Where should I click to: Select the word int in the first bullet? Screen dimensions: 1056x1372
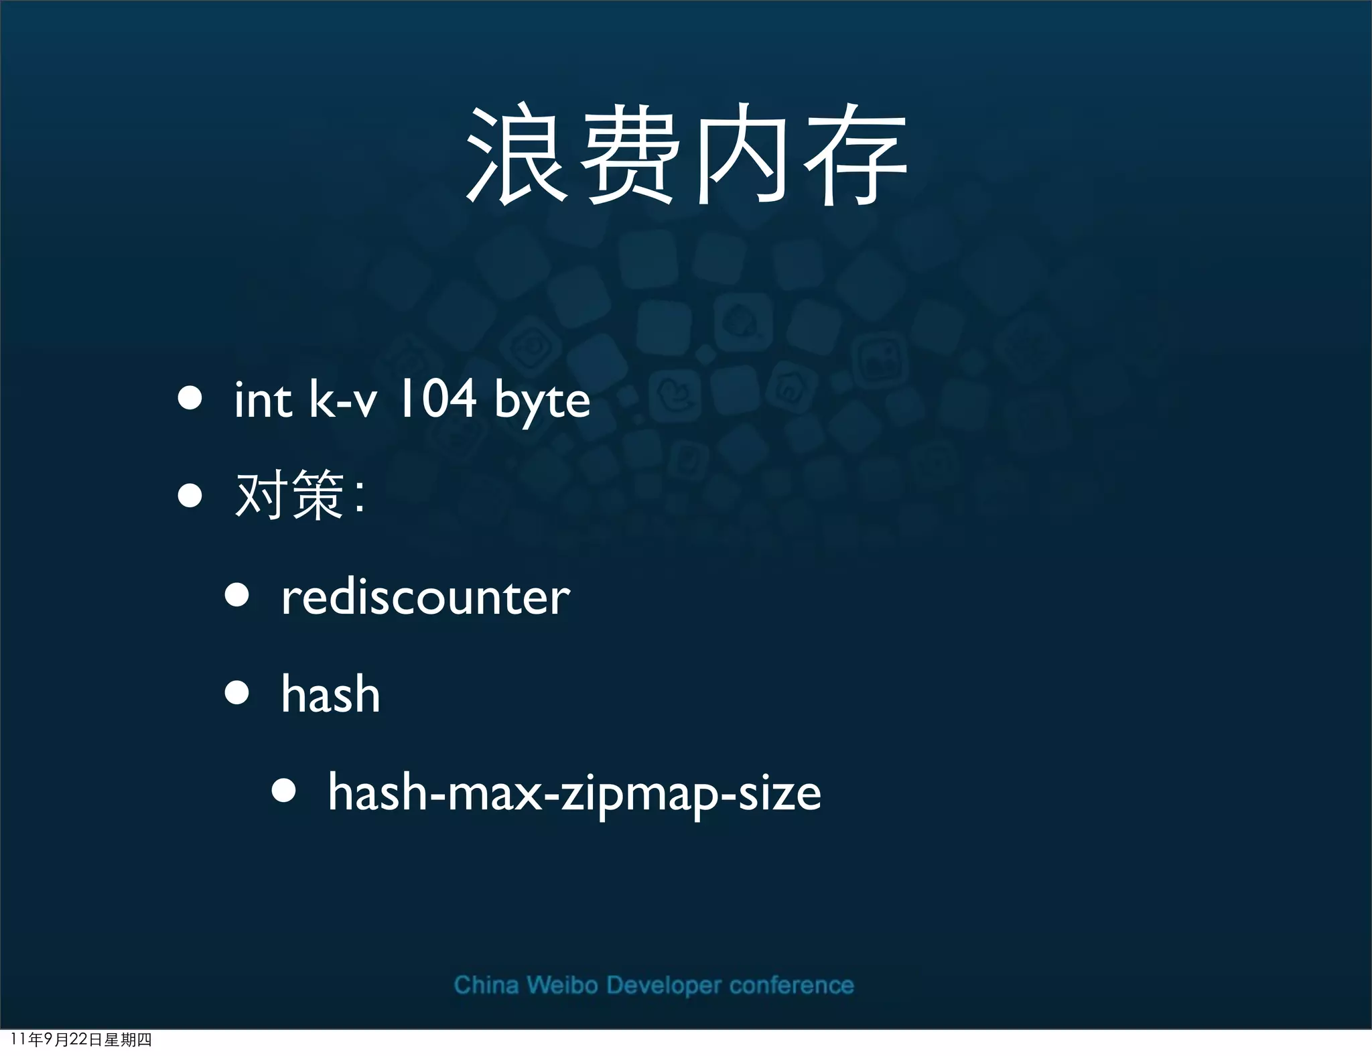point(263,400)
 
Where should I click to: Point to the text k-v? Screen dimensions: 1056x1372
point(342,400)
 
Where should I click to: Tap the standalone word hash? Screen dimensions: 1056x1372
point(330,694)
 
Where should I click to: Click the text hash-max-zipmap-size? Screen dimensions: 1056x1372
point(574,793)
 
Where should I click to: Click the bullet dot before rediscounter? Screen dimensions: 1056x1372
point(237,595)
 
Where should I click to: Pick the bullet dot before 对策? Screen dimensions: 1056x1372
point(190,497)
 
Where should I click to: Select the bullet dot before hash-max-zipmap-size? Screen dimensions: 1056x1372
point(284,791)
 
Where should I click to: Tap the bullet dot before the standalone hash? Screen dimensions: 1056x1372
point(237,693)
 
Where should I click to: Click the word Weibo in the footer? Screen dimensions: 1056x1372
point(562,985)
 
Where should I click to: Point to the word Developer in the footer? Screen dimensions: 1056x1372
point(664,986)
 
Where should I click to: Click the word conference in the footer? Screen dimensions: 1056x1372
point(791,985)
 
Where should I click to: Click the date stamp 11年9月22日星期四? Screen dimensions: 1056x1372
point(81,1039)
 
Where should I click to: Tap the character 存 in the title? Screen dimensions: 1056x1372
point(855,155)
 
